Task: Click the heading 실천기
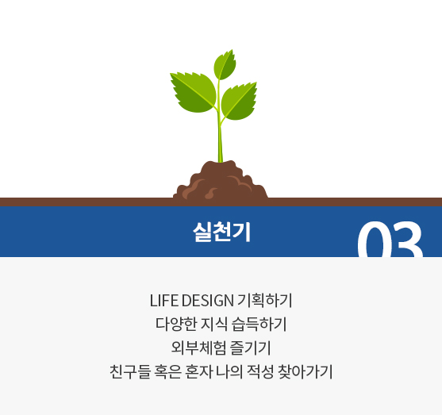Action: click(221, 232)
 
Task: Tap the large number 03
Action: click(390, 239)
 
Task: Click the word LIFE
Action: click(164, 301)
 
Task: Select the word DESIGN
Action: click(208, 301)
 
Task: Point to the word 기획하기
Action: click(265, 301)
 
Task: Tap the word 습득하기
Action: click(259, 324)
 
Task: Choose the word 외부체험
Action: click(198, 348)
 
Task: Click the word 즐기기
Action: click(250, 348)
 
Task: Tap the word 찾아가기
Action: click(306, 371)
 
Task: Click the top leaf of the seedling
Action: click(225, 65)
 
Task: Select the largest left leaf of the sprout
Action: click(193, 91)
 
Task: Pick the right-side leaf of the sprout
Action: click(239, 102)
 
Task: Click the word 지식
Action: click(214, 324)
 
